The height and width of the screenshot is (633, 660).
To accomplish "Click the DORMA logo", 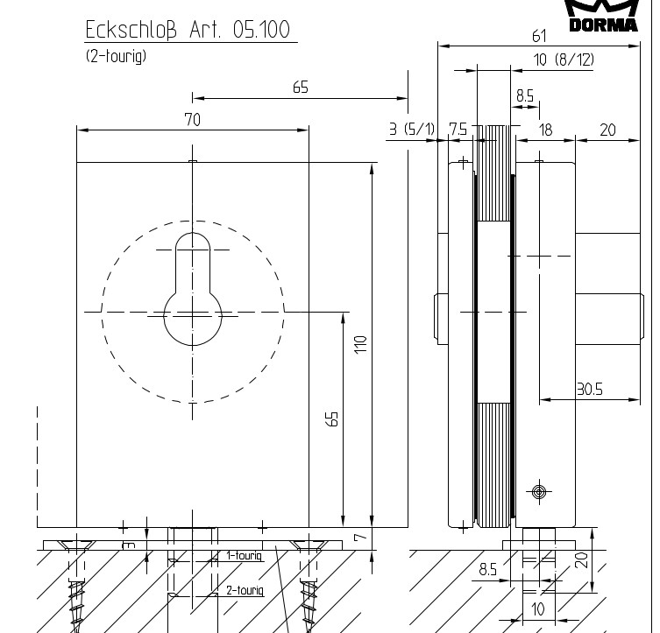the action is (603, 16).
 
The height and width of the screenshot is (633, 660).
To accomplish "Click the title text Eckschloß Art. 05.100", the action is (188, 30).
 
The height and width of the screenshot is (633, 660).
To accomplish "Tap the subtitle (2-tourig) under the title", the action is (117, 56).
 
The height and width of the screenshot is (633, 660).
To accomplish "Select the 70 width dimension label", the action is (192, 120).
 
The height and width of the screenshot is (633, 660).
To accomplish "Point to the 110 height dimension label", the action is (361, 345).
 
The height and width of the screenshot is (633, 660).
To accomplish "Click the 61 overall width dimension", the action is (539, 36).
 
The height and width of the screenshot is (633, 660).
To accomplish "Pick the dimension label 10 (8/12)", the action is (564, 60).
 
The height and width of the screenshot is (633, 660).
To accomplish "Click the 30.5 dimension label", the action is (590, 390).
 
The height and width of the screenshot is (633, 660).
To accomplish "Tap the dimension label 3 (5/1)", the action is (411, 129).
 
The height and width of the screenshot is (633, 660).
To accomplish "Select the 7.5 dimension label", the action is (458, 129).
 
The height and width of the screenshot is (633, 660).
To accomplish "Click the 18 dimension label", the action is (545, 130).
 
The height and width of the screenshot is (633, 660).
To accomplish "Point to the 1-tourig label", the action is (245, 555).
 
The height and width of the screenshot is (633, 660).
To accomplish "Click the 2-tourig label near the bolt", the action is (245, 590).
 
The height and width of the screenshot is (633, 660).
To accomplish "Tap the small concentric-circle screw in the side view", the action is (539, 491).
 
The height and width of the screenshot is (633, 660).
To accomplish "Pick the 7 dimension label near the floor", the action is (361, 538).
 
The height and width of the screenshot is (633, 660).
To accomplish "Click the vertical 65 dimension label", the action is (332, 419).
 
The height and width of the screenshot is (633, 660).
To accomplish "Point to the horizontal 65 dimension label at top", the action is (301, 88).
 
